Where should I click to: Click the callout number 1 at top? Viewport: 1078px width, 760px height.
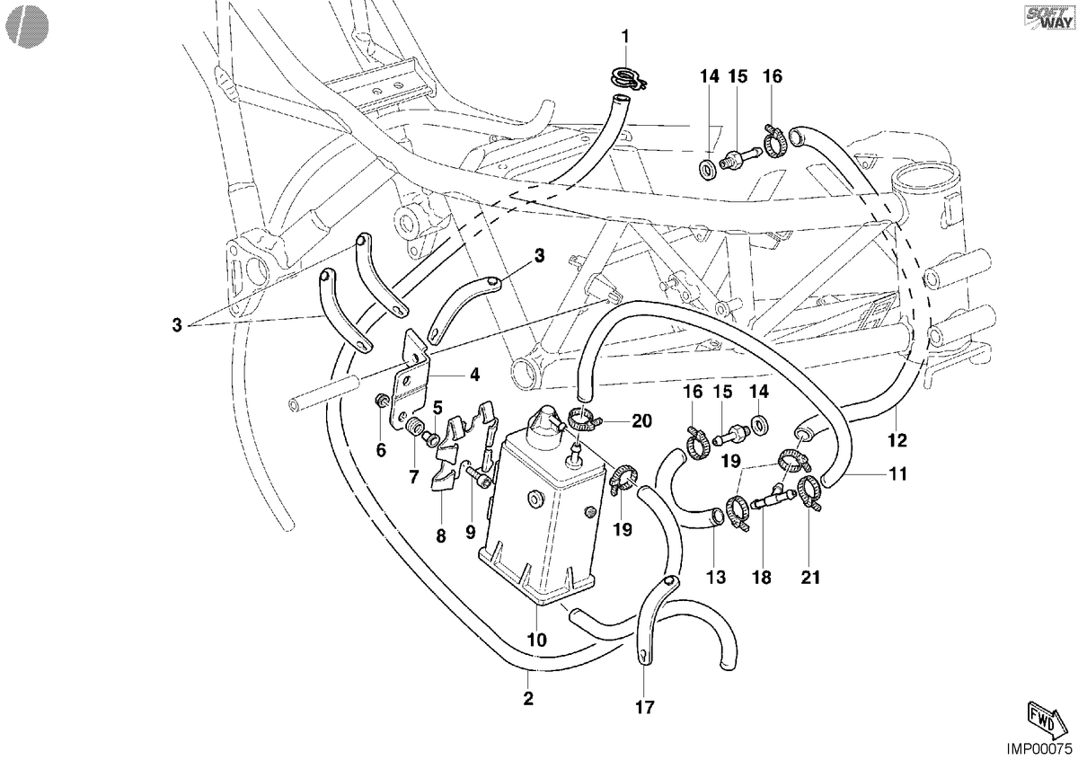(625, 36)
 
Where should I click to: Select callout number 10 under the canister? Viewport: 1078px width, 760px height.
(537, 640)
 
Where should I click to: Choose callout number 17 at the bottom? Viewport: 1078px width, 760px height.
(645, 707)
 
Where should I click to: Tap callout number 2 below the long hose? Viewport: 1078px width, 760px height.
(528, 698)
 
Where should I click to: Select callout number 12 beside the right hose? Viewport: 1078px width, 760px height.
(897, 440)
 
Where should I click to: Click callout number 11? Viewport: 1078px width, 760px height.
(897, 474)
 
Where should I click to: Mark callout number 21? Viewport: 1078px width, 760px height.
(810, 577)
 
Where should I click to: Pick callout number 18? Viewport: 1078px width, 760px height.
(762, 577)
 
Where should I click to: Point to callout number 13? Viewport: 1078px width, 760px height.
(716, 577)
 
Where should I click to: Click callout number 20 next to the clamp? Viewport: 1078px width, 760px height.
(641, 421)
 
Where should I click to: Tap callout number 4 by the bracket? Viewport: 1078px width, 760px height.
(474, 374)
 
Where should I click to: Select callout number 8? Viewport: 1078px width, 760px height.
(441, 535)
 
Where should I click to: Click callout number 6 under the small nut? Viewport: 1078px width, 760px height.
(381, 450)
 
